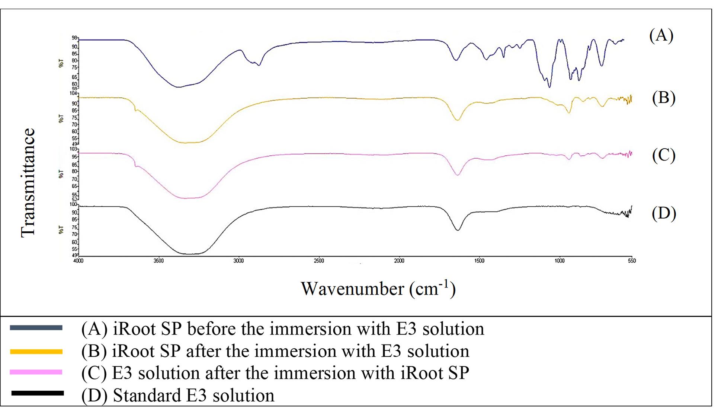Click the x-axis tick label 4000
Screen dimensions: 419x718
pos(79,261)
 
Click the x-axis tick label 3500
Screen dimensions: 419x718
pos(159,261)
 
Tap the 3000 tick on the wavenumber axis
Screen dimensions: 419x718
pos(239,261)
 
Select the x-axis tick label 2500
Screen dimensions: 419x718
pos(319,261)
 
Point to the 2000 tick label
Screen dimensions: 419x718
pos(399,261)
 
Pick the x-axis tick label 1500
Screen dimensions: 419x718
pos(479,261)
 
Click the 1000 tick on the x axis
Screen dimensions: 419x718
pos(559,261)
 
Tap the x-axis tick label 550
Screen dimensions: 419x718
pos(632,261)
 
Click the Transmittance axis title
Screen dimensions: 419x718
pos(28,182)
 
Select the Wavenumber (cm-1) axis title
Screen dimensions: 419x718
pos(378,289)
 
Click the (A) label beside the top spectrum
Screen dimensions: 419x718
pos(661,36)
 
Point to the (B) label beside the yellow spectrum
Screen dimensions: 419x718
pos(664,98)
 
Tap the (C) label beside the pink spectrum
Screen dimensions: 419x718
pos(664,155)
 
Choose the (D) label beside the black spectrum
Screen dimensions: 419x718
pos(664,213)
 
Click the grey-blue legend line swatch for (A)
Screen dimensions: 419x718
pos(36,328)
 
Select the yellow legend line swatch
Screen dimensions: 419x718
pos(36,351)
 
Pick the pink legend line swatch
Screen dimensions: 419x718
pos(36,372)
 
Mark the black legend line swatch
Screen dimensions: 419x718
pos(37,393)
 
